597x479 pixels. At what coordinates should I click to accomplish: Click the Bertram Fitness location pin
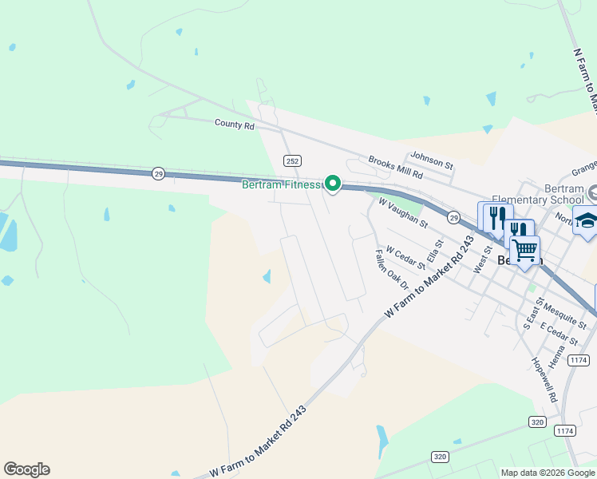(332, 184)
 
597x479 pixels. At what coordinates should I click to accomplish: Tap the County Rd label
(234, 125)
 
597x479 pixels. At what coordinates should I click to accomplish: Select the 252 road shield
(291, 160)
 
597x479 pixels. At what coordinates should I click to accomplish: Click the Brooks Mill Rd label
(394, 166)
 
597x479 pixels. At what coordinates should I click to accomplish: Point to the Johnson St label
(431, 161)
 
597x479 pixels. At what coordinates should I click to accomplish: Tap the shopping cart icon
(524, 250)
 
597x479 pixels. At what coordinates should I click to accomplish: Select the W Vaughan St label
(403, 212)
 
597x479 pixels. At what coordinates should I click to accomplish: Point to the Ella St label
(434, 251)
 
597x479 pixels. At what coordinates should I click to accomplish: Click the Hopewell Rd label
(544, 378)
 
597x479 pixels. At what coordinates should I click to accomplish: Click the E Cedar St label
(559, 335)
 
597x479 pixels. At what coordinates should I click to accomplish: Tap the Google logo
(26, 469)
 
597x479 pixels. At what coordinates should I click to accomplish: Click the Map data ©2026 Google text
(548, 473)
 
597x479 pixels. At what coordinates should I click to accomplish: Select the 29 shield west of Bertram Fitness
(159, 173)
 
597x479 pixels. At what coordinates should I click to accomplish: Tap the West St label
(482, 260)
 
